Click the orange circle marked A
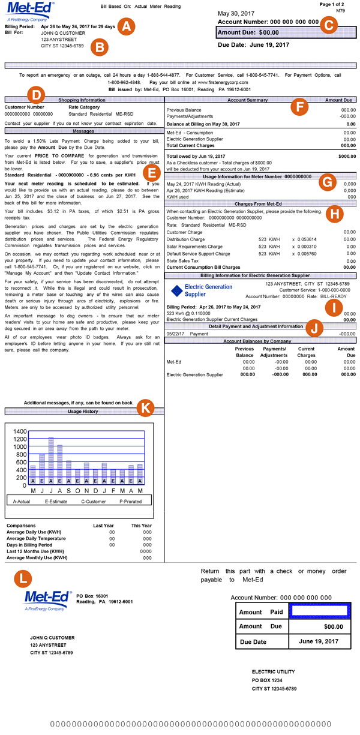(x=127, y=26)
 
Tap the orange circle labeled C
(x=329, y=25)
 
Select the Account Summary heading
(x=238, y=100)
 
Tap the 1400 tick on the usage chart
(x=20, y=431)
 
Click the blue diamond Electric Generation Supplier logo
(x=176, y=290)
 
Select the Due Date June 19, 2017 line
(x=253, y=45)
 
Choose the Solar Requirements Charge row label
(x=196, y=246)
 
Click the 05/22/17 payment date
(x=175, y=334)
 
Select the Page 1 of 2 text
(x=341, y=4)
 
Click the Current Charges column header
(x=306, y=352)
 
